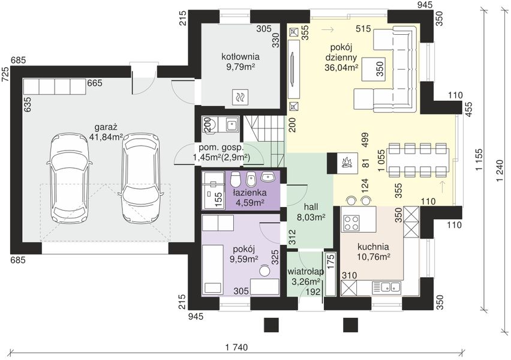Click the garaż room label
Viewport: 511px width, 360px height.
pyautogui.click(x=106, y=127)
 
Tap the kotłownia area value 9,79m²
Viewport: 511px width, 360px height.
pyautogui.click(x=241, y=67)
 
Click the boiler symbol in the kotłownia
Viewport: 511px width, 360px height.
pyautogui.click(x=241, y=97)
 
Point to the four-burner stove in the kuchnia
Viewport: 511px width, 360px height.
pyautogui.click(x=351, y=223)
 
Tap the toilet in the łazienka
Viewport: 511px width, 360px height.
pyautogui.click(x=235, y=179)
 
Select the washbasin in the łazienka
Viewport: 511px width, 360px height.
pyautogui.click(x=268, y=177)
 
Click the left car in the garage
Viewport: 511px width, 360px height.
pyautogui.click(x=68, y=178)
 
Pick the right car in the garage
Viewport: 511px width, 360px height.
pyautogui.click(x=140, y=178)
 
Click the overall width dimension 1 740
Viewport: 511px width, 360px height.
pyautogui.click(x=236, y=347)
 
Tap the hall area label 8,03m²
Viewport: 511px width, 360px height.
pyautogui.click(x=311, y=217)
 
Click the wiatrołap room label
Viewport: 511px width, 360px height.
pyautogui.click(x=305, y=272)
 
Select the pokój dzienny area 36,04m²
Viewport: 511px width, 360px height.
pyautogui.click(x=341, y=67)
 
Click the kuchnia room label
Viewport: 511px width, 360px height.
pyautogui.click(x=373, y=247)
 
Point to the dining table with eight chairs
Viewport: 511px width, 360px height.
pyautogui.click(x=418, y=160)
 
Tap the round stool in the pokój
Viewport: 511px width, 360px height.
pyautogui.click(x=264, y=272)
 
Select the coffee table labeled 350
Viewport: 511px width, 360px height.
pyautogui.click(x=374, y=69)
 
